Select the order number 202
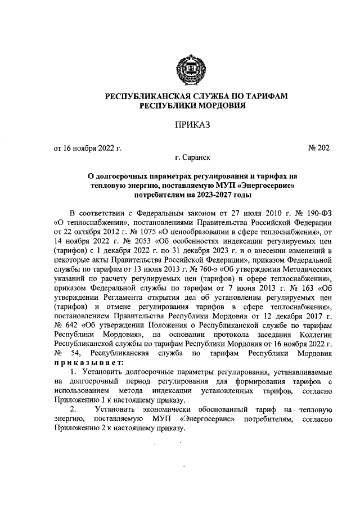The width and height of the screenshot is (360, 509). click(x=323, y=148)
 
